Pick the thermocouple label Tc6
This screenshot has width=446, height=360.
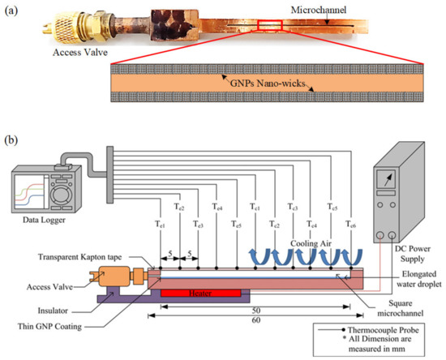coord(350,225)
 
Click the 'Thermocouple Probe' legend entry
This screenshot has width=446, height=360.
coord(380,331)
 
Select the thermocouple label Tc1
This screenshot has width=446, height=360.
coord(254,207)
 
